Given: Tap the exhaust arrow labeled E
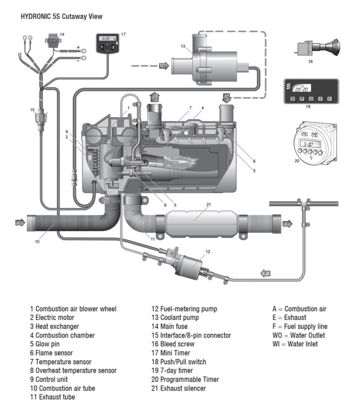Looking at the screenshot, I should tap(288, 224).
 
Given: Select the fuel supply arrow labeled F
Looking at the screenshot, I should tap(265, 273).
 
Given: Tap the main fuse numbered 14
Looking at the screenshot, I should tap(53, 40).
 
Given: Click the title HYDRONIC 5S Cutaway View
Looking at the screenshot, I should tap(61, 17).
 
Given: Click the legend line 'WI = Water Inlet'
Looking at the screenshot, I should tap(295, 344).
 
